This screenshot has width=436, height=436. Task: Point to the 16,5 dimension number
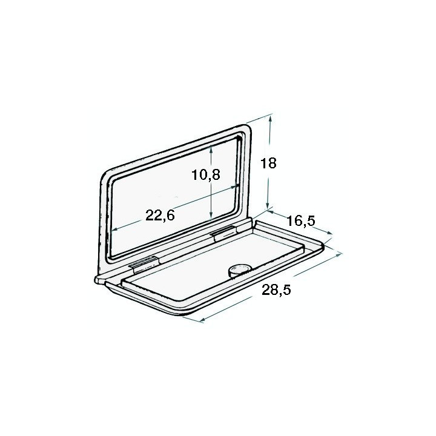(x=301, y=221)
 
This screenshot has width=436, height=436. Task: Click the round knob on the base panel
(x=238, y=270)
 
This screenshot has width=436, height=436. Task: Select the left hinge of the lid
(x=145, y=263)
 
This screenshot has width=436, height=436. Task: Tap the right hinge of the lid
(x=223, y=233)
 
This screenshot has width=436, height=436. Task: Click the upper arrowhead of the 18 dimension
(x=271, y=119)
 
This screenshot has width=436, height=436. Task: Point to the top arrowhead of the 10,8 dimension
(x=210, y=148)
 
